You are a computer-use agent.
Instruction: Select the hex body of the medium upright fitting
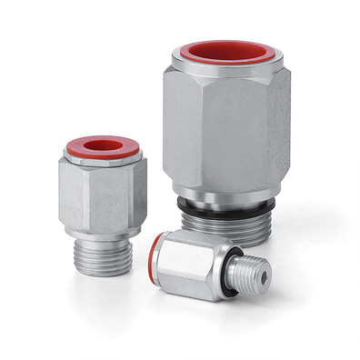point(100,195)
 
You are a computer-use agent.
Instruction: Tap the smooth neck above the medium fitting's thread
point(103,231)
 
